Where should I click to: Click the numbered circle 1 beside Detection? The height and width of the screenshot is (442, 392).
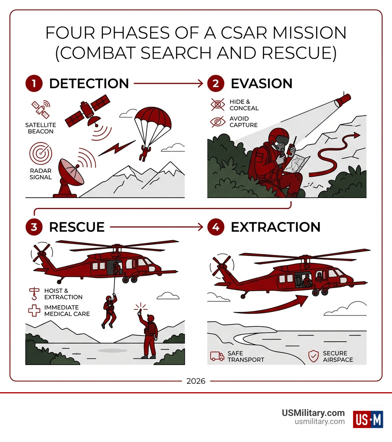34,83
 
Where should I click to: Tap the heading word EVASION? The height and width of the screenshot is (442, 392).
261,83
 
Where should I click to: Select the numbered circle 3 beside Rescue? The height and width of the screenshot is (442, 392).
34,227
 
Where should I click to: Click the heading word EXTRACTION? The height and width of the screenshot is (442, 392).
275,227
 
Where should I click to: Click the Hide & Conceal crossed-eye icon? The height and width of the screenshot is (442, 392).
218,105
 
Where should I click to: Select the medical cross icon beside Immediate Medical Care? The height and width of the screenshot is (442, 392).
34,311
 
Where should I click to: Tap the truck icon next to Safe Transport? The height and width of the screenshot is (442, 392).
217,356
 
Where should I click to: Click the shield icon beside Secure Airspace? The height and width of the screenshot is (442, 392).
314,356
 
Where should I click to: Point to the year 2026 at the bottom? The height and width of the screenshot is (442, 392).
196,381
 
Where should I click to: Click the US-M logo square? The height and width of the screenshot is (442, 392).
368,419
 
